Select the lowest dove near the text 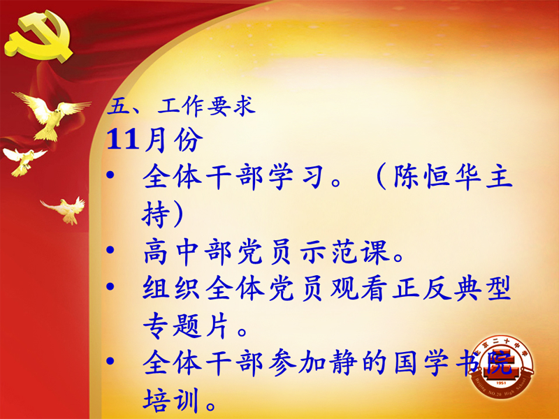click(65, 210)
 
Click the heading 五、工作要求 click(181, 106)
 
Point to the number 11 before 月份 click(122, 139)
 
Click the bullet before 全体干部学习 click(110, 175)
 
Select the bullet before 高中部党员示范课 click(110, 249)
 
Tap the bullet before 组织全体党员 click(110, 286)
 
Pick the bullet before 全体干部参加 click(110, 360)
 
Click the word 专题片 click(185, 325)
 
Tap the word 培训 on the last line click(170, 399)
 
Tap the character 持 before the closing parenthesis click(156, 214)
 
